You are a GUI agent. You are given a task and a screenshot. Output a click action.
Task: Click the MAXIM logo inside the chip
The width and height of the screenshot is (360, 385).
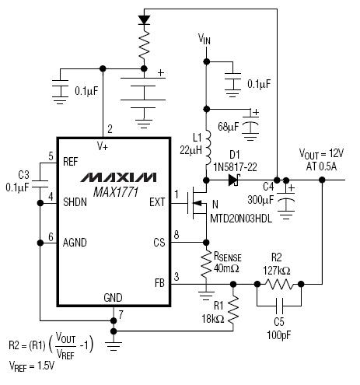tap(118, 177)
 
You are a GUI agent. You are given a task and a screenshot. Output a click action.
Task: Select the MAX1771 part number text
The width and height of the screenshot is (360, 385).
tap(116, 192)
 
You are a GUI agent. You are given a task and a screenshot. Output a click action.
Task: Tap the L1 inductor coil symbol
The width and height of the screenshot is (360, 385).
tap(208, 148)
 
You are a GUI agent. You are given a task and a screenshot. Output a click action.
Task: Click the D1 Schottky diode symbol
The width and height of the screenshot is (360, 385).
tap(234, 180)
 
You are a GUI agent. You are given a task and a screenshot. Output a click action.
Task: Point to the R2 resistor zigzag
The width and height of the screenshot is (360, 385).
tap(279, 284)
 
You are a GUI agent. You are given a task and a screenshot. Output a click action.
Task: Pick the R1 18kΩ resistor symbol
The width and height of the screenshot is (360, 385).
tap(233, 310)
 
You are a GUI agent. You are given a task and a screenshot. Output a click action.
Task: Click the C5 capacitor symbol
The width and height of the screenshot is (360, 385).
tap(279, 306)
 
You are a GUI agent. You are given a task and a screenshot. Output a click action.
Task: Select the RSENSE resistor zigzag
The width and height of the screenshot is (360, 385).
tap(206, 264)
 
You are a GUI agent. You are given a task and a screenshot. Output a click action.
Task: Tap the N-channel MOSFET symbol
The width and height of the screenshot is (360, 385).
tap(197, 204)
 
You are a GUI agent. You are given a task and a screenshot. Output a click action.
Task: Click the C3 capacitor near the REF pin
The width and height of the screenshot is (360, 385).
tap(40, 184)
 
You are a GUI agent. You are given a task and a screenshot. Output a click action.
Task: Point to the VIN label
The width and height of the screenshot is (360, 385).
tap(204, 39)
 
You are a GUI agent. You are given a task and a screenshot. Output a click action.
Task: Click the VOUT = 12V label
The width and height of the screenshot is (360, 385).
tap(321, 154)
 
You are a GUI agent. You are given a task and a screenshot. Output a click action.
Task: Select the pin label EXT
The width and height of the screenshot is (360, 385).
tap(157, 202)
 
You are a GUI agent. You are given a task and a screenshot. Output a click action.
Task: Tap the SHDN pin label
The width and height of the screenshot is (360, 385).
tap(75, 202)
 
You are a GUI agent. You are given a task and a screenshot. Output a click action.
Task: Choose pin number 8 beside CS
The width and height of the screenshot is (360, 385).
tap(177, 235)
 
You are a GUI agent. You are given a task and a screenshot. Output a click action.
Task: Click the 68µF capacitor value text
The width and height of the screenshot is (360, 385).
tap(229, 127)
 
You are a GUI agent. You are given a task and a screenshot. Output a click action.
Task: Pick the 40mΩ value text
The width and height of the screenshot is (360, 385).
tap(226, 269)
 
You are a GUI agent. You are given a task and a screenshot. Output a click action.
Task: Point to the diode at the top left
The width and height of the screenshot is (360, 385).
tap(144, 20)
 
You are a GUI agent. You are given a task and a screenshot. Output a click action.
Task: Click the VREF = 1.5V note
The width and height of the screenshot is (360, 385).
tap(32, 366)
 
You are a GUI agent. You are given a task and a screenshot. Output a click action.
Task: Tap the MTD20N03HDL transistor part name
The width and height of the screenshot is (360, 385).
tap(241, 219)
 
